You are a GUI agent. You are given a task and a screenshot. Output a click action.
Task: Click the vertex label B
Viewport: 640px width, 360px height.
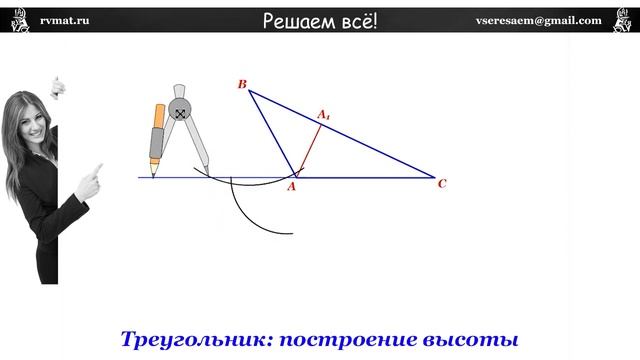[x=242, y=85]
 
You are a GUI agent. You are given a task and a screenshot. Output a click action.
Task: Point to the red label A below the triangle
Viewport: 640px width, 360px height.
[x=291, y=186]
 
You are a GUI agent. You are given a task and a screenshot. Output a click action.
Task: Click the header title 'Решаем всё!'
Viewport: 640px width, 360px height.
[x=320, y=21]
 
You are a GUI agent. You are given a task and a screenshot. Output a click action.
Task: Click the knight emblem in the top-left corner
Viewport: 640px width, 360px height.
[x=17, y=21]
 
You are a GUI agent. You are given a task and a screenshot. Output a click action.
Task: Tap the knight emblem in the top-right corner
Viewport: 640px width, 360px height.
[x=621, y=21]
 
